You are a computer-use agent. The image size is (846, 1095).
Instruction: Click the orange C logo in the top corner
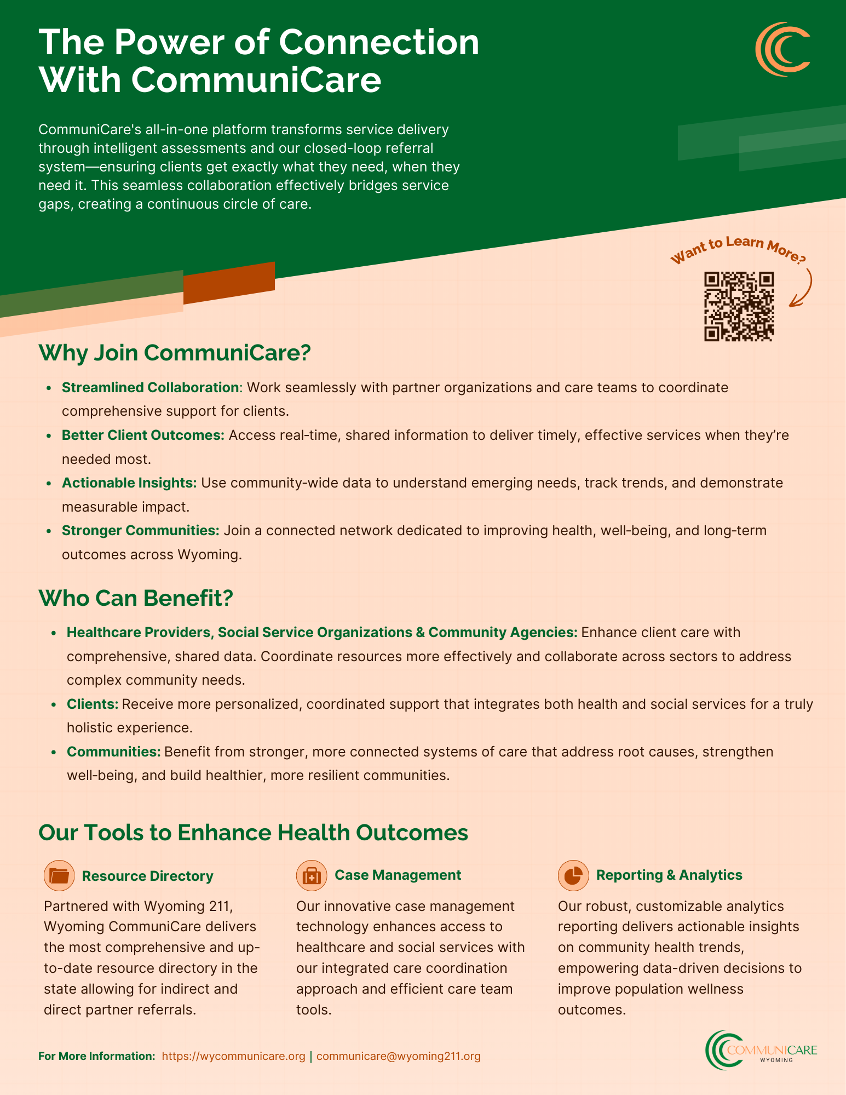[x=782, y=49]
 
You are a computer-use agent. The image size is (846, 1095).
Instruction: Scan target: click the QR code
[x=739, y=307]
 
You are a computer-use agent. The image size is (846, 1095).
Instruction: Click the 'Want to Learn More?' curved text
[x=738, y=248]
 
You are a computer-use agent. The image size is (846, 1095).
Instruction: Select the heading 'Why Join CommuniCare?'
[x=175, y=352]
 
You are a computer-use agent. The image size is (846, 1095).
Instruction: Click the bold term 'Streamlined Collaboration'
[x=151, y=387]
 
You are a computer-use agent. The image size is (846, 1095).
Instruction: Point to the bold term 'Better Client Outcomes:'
[x=143, y=435]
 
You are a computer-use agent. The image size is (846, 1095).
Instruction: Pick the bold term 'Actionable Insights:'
[x=129, y=483]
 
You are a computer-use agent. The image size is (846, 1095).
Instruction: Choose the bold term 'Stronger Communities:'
[x=141, y=530]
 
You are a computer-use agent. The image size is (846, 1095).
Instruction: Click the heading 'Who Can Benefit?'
[x=136, y=598]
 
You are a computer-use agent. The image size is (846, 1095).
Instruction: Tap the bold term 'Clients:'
[x=93, y=704]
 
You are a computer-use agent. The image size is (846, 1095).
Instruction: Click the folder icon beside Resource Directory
[x=59, y=876]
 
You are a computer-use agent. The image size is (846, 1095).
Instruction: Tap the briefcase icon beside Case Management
[x=312, y=875]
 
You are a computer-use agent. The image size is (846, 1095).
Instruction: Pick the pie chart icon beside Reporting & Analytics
[x=573, y=875]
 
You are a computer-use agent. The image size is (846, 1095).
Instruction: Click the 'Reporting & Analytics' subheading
[x=669, y=875]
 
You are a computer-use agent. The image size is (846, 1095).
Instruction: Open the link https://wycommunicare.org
[x=234, y=1056]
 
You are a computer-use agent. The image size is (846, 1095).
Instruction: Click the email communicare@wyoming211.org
[x=399, y=1056]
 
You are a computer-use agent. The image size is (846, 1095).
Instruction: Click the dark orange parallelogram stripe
[x=229, y=283]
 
